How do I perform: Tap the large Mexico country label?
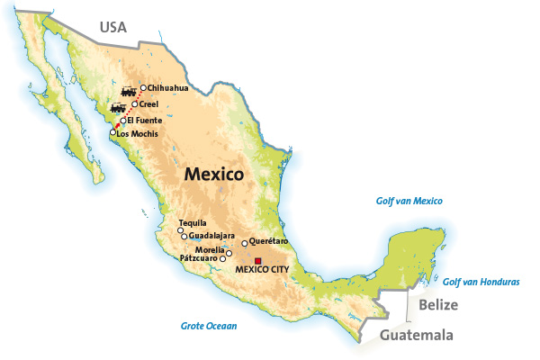pos(214,175)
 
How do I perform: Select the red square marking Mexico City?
pos(258,261)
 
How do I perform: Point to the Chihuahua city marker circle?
pos(143,88)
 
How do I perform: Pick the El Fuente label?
pos(142,120)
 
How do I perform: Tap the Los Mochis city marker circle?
pos(113,133)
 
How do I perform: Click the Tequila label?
pos(193,222)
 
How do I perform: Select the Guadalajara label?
pos(211,236)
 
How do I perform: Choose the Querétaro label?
pos(268,241)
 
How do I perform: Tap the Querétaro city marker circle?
pos(244,243)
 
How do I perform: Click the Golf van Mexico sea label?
pos(409,202)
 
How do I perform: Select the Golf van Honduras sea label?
pos(481,283)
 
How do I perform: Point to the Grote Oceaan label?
pos(207,326)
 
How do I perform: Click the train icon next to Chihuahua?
pos(128,92)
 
